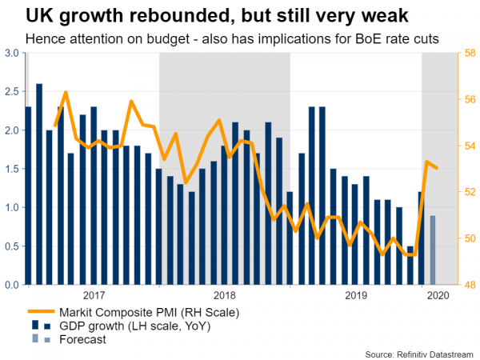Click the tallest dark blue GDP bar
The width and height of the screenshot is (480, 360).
click(39, 184)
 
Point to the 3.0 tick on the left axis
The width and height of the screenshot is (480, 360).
click(13, 53)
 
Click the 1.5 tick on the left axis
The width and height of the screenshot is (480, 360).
click(13, 169)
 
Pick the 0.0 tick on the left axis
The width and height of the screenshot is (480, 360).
click(13, 285)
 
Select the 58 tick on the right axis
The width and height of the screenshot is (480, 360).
click(468, 53)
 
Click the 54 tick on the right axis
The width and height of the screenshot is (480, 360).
click(468, 146)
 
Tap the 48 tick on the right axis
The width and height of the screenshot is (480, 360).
click(468, 285)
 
